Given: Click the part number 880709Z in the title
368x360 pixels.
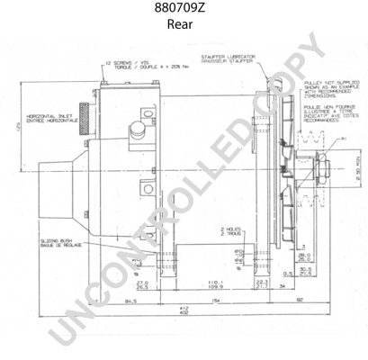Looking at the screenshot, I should (x=184, y=9).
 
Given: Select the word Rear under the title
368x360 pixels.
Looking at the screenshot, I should (x=184, y=24).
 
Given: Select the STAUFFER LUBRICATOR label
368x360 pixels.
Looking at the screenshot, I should (x=233, y=59).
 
